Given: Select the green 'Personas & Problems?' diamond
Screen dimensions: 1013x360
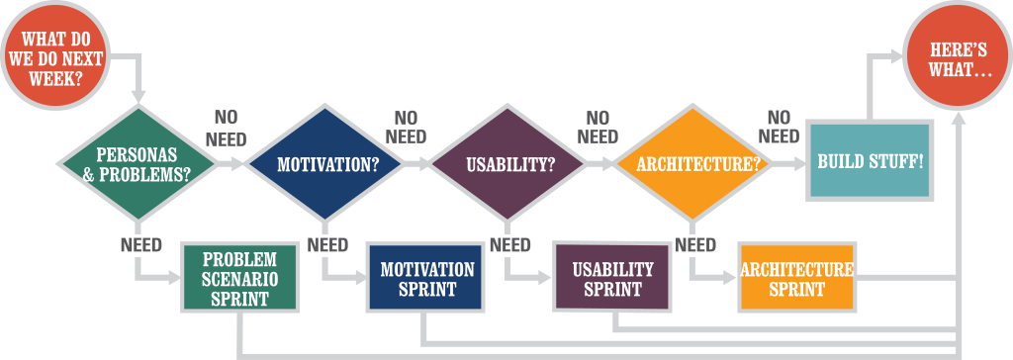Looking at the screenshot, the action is [137, 164].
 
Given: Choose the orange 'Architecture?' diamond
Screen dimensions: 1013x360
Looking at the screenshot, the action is [691, 164].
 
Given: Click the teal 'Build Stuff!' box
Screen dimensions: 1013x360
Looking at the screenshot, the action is [871, 159].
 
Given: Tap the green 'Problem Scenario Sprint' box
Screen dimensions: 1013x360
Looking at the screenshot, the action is [239, 278].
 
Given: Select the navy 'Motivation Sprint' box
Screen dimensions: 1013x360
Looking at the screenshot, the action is [425, 278].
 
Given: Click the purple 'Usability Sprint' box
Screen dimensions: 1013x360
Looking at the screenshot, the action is [611, 277].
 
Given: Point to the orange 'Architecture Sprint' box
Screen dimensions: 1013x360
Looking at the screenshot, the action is [796, 278].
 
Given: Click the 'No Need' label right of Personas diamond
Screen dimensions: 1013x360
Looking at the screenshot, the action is [227, 128].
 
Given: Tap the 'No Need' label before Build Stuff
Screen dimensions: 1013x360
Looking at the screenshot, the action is [780, 127].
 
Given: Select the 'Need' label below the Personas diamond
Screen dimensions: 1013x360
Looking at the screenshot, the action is [140, 245].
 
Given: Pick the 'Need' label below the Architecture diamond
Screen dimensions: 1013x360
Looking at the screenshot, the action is [695, 245].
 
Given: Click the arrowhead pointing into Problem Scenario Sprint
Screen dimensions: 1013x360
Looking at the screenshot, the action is [175, 279].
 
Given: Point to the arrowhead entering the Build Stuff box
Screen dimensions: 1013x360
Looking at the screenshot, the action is [799, 164].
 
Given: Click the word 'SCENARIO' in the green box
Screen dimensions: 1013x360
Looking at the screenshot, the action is [239, 279].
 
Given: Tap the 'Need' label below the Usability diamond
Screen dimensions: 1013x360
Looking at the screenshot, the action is [509, 245].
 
